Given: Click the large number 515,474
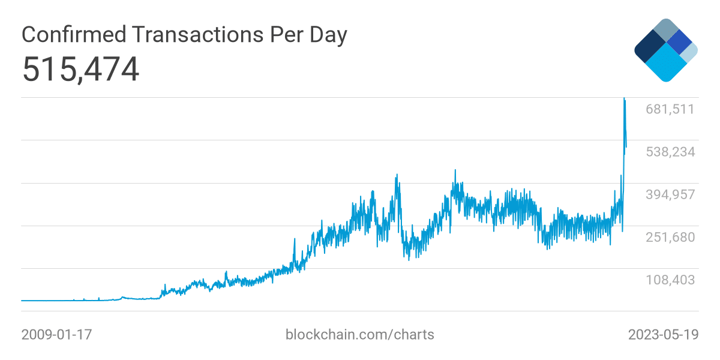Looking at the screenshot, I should [80, 70].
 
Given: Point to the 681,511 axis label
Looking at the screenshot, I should [670, 109].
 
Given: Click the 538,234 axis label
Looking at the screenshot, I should [670, 152].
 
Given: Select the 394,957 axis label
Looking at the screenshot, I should [670, 194].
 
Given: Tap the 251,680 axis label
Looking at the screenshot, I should [670, 237].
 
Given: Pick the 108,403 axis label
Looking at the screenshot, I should [670, 280].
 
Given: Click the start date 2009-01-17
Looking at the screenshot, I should [56, 334].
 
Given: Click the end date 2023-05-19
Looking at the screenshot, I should [663, 334].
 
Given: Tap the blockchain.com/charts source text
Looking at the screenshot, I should [359, 334].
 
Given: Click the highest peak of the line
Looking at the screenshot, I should [625, 99].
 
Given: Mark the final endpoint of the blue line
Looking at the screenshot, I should [626, 147].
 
